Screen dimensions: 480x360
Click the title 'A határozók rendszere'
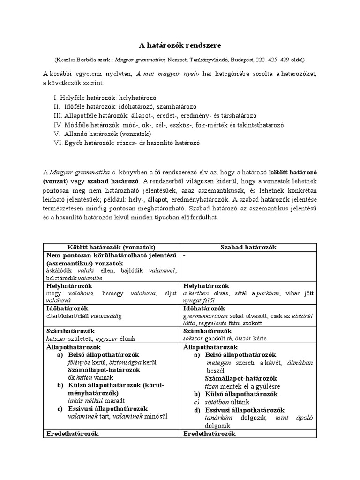[x=180, y=45]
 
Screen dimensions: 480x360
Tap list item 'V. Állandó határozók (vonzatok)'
[x=105, y=134]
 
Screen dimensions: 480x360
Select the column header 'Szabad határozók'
[x=248, y=247]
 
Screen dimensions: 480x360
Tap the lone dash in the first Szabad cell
[x=185, y=255]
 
